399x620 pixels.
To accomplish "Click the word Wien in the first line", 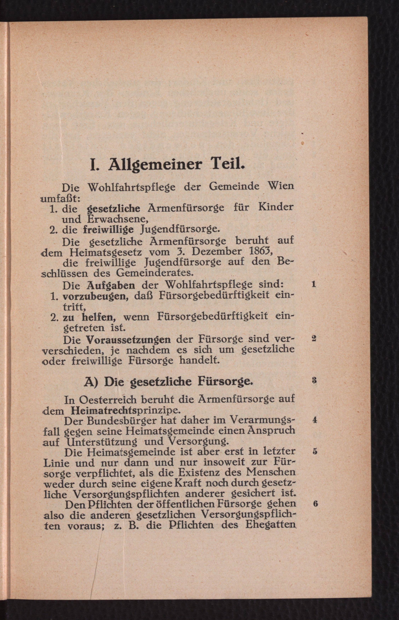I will click(x=281, y=186).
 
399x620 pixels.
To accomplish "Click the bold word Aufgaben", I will click(x=111, y=285).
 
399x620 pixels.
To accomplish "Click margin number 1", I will click(x=314, y=284).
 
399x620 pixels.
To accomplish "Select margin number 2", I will click(x=314, y=338).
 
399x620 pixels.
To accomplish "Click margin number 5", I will click(x=315, y=451).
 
